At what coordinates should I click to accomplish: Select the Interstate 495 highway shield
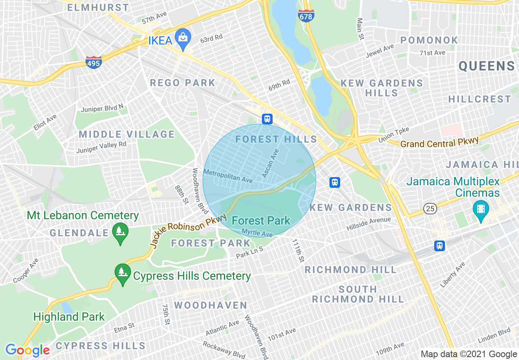coord(94,62)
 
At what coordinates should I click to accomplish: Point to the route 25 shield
coord(430,209)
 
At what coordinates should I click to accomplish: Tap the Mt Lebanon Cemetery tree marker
coord(120,232)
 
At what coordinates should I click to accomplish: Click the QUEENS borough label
coord(487,66)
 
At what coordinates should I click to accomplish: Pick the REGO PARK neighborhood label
coord(183,83)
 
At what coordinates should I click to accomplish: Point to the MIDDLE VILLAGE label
coord(127,134)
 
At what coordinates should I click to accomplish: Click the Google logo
coord(27,350)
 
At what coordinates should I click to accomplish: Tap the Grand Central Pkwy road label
coord(439,143)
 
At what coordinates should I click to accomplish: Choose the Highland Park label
coord(69,317)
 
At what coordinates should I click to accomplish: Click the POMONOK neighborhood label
coord(429,40)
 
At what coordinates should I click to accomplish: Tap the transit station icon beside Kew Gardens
coord(335,182)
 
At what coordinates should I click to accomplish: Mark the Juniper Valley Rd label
coord(101,148)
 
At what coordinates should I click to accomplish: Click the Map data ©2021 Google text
coord(469,354)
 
